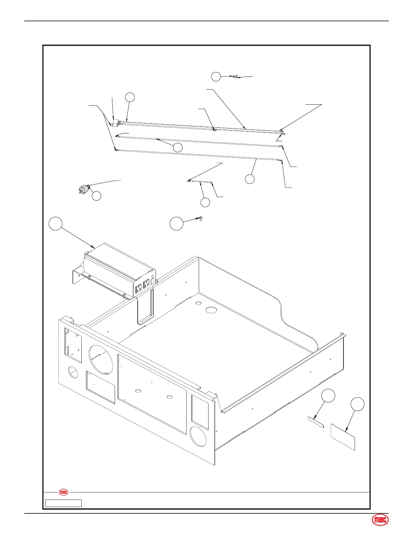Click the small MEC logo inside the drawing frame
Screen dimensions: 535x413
click(x=63, y=492)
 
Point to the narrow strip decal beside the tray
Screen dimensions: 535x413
click(x=316, y=422)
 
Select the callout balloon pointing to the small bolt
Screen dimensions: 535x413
click(x=176, y=224)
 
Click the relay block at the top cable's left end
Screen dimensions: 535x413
click(x=115, y=122)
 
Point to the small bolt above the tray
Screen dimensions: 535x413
click(x=200, y=219)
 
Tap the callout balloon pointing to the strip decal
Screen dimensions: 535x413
click(x=328, y=396)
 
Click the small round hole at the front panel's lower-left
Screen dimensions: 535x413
click(x=73, y=373)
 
